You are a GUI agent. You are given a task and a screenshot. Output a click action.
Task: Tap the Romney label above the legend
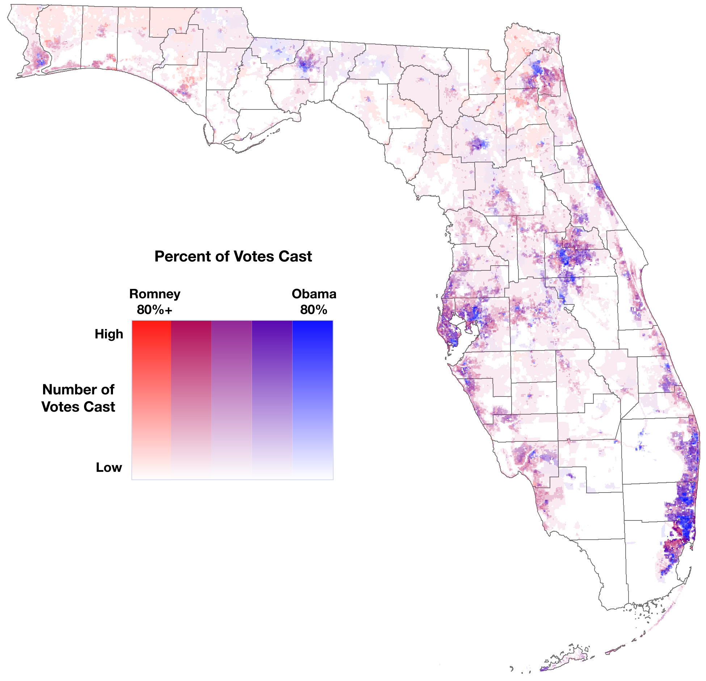pyautogui.click(x=155, y=294)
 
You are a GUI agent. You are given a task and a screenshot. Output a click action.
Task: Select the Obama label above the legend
pyautogui.click(x=314, y=294)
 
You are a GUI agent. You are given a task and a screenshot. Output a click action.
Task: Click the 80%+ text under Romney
pyautogui.click(x=155, y=310)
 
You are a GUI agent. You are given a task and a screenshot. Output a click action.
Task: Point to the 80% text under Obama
pyautogui.click(x=314, y=310)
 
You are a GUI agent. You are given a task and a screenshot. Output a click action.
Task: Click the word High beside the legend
pyautogui.click(x=109, y=334)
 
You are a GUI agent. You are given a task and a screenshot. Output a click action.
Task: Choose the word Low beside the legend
pyautogui.click(x=109, y=468)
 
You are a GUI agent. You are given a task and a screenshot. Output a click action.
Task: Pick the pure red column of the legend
pyautogui.click(x=151, y=400)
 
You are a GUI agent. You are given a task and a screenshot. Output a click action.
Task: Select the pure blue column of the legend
pyautogui.click(x=312, y=400)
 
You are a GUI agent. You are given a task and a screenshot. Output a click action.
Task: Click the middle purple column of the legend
pyautogui.click(x=232, y=400)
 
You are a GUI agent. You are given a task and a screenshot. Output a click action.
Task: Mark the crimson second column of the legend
pyautogui.click(x=191, y=400)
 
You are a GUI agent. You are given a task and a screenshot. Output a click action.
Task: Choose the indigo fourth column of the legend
pyautogui.click(x=272, y=400)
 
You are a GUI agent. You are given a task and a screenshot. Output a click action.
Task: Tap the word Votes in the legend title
pyautogui.click(x=252, y=257)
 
